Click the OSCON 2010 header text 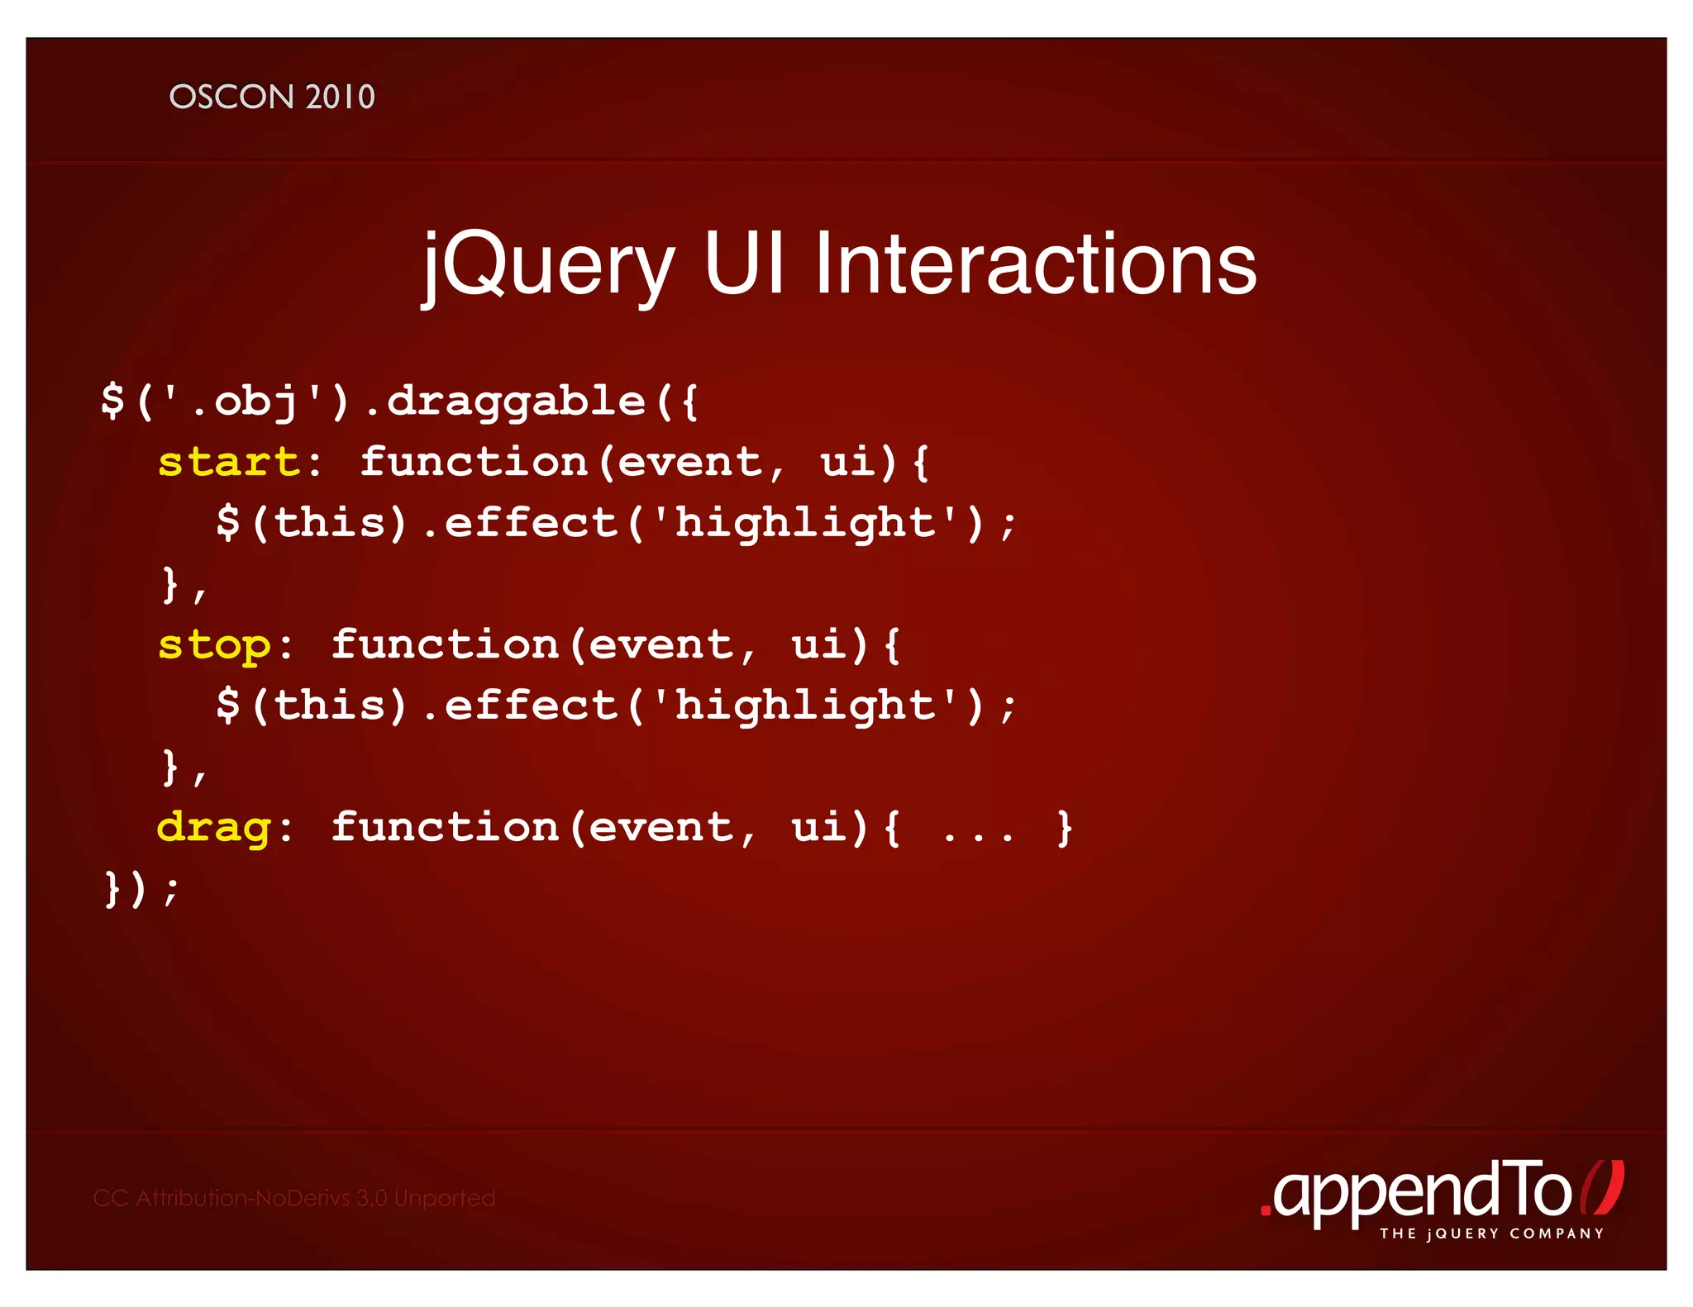click(x=272, y=97)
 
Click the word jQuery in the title click(x=548, y=264)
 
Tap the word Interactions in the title click(x=1035, y=264)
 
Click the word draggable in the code click(x=516, y=402)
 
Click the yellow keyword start click(x=229, y=462)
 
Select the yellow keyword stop click(x=214, y=645)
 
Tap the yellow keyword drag click(x=214, y=828)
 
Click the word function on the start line click(x=473, y=462)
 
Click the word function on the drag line click(x=445, y=828)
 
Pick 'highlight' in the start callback click(x=805, y=523)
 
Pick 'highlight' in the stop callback click(x=805, y=706)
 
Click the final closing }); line click(x=141, y=889)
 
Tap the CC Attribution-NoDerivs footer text click(x=294, y=1198)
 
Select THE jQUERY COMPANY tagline click(x=1491, y=1233)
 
